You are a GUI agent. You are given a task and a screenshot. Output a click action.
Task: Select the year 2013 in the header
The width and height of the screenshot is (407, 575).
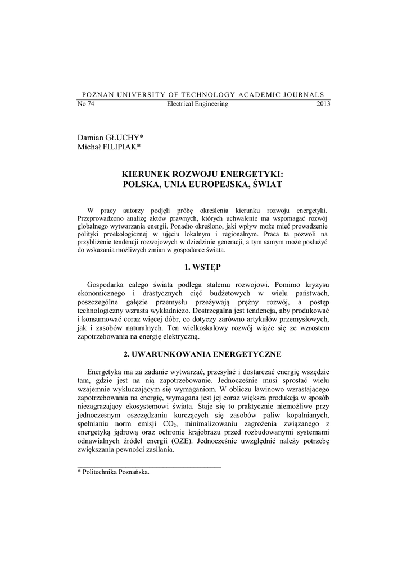323,104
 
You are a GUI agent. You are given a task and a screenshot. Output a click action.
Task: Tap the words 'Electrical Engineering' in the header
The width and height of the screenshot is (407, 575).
197,104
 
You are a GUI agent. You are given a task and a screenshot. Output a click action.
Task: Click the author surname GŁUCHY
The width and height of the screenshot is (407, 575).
125,137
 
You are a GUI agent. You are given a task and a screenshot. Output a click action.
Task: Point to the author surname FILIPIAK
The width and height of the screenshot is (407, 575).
121,147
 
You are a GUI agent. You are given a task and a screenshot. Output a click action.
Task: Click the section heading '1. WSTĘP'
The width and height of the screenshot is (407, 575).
203,266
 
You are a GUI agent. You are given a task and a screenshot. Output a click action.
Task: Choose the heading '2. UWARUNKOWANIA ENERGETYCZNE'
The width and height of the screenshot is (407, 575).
203,354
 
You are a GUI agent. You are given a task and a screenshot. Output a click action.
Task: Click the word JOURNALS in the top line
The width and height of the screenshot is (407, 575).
305,94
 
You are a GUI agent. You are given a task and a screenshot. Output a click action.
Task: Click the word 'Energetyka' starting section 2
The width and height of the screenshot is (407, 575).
107,372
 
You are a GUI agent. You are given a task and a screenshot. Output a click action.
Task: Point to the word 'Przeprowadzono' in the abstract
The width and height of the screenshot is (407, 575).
101,217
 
